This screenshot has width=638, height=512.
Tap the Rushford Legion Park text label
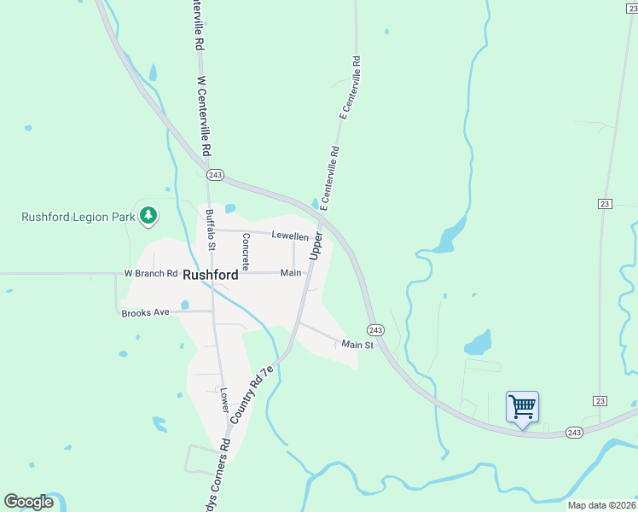click(78, 217)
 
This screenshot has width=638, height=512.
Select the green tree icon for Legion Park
click(148, 215)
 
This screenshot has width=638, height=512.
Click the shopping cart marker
click(522, 406)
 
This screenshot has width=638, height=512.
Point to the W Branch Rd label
click(151, 274)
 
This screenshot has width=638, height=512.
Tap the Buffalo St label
click(209, 229)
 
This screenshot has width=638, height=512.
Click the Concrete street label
click(246, 252)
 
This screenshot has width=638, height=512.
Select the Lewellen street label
click(289, 236)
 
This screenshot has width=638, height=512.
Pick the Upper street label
click(315, 246)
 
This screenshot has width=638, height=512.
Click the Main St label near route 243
click(357, 345)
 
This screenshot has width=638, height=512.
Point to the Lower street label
click(224, 396)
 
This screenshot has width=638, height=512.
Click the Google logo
click(28, 502)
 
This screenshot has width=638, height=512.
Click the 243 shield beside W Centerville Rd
click(215, 175)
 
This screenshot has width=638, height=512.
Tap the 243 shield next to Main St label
click(375, 329)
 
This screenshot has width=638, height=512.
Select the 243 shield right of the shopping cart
click(574, 433)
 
